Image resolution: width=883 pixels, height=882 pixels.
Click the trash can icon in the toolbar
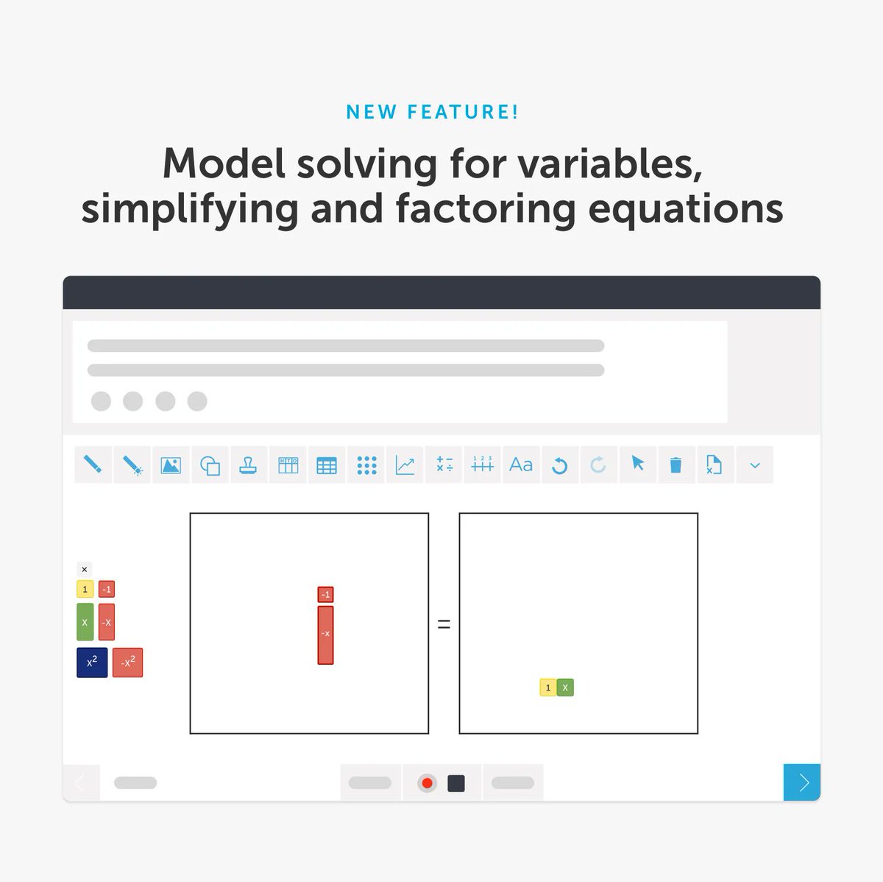(675, 465)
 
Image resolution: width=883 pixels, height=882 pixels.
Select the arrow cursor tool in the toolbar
(637, 464)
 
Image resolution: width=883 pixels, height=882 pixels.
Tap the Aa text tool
(521, 465)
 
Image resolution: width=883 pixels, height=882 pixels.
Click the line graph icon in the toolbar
(405, 465)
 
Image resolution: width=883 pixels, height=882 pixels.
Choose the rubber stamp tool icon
(248, 465)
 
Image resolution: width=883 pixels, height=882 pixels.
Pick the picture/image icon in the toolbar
(171, 465)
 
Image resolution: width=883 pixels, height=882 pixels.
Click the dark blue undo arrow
(559, 465)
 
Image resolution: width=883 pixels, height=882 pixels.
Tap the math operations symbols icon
(444, 465)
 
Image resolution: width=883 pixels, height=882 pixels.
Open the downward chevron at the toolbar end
(754, 465)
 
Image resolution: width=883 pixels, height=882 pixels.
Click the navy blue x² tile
(92, 663)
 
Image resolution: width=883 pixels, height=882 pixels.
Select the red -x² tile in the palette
(127, 663)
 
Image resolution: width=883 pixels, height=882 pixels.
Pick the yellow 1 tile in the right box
(547, 688)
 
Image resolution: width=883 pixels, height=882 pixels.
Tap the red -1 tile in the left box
(325, 594)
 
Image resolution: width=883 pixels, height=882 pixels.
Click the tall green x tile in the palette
(85, 622)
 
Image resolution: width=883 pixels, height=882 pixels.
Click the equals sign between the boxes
(444, 624)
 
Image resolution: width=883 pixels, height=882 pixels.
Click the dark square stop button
(456, 783)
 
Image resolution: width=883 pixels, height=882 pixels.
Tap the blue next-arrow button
(802, 783)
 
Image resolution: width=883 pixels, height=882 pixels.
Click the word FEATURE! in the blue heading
(463, 112)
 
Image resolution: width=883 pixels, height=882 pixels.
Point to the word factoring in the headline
(485, 209)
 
